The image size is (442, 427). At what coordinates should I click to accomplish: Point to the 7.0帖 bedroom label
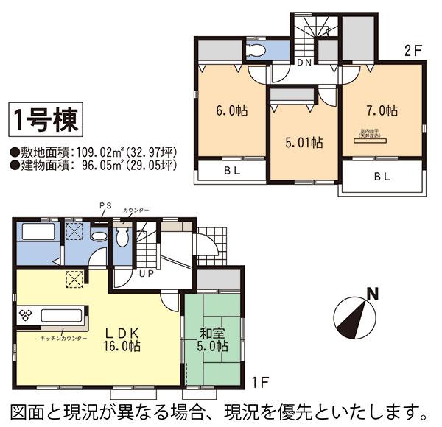[x=382, y=111]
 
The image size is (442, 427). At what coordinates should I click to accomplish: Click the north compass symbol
[x=354, y=314]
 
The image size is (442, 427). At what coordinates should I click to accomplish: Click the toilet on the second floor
[x=256, y=50]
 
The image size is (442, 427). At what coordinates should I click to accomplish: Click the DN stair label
[x=305, y=63]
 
